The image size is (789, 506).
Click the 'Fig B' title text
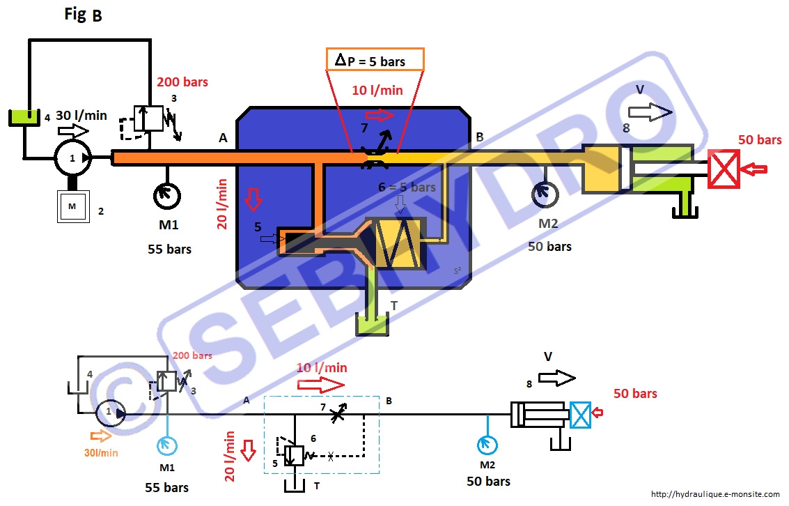tap(83, 15)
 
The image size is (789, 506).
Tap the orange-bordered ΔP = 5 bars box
tap(375, 60)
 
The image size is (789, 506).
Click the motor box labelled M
tap(73, 206)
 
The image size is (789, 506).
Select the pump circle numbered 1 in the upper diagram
tap(72, 158)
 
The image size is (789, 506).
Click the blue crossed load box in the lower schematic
tap(579, 415)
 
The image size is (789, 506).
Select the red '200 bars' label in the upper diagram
tap(182, 82)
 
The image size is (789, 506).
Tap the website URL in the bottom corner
tap(715, 494)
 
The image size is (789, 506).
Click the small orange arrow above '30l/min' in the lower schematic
tap(101, 436)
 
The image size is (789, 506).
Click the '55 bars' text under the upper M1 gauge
tap(169, 249)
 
